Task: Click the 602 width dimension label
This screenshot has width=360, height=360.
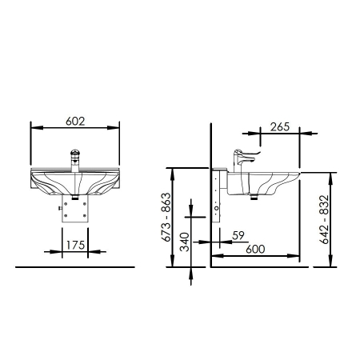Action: click(75, 122)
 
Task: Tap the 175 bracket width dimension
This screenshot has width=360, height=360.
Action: click(75, 245)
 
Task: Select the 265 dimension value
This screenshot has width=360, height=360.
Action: click(280, 127)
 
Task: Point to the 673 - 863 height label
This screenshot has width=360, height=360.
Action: click(166, 217)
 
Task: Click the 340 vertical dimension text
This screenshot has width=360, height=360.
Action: click(185, 242)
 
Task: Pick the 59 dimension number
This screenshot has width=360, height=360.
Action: click(238, 235)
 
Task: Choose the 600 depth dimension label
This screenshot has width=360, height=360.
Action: click(255, 249)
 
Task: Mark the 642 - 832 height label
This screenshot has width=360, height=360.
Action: click(324, 219)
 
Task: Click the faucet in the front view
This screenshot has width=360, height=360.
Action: click(75, 160)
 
